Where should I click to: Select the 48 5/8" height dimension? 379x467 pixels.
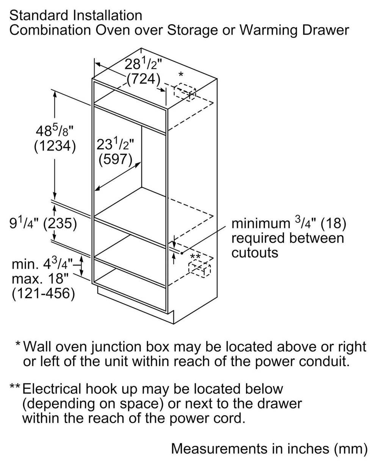55,131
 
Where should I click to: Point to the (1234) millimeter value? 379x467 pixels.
55,146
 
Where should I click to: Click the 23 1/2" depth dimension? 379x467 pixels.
115,144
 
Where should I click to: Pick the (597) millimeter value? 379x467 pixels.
116,159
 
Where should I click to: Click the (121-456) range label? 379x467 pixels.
43,293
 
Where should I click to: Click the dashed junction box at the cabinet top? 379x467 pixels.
185,92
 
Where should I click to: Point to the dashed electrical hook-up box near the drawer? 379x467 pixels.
199,270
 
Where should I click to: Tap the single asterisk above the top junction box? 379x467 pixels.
181,74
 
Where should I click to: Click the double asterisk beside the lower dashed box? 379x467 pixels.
195,256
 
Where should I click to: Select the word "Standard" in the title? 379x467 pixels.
39,16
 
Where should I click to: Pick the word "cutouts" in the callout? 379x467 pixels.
255,253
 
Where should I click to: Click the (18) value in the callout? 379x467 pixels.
334,223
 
